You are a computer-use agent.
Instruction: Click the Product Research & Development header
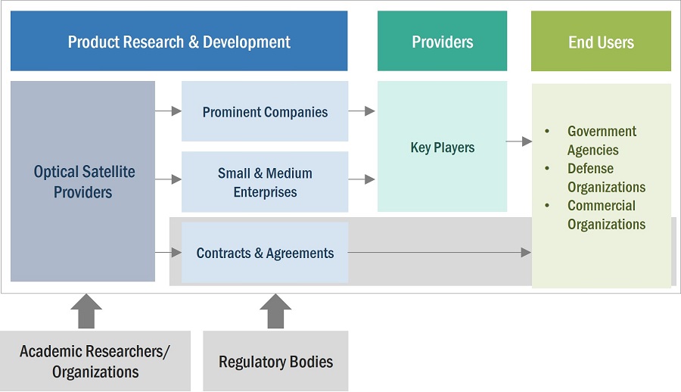(179, 42)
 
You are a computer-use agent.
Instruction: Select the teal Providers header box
(442, 42)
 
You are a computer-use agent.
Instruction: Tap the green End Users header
(601, 42)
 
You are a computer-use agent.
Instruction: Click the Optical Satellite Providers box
(83, 182)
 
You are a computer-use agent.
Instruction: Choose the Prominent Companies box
(265, 112)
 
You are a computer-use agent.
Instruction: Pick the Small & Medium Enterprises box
(265, 182)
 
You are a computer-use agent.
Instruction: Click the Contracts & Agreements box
(265, 253)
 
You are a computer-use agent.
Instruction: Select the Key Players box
(442, 147)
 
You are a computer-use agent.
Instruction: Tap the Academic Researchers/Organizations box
(95, 361)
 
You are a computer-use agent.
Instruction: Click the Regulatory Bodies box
(275, 362)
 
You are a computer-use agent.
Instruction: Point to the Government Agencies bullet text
(602, 141)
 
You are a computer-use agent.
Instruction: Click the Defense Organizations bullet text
(605, 178)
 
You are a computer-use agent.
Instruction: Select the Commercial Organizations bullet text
(605, 215)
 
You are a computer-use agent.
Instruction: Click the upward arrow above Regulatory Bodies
(275, 310)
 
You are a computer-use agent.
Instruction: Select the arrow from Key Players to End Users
(519, 141)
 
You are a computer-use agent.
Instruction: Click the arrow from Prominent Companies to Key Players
(362, 111)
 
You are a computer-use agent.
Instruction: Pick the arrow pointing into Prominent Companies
(168, 111)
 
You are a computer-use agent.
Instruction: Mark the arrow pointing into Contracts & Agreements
(168, 252)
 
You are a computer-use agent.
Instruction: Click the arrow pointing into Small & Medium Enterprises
(168, 179)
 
